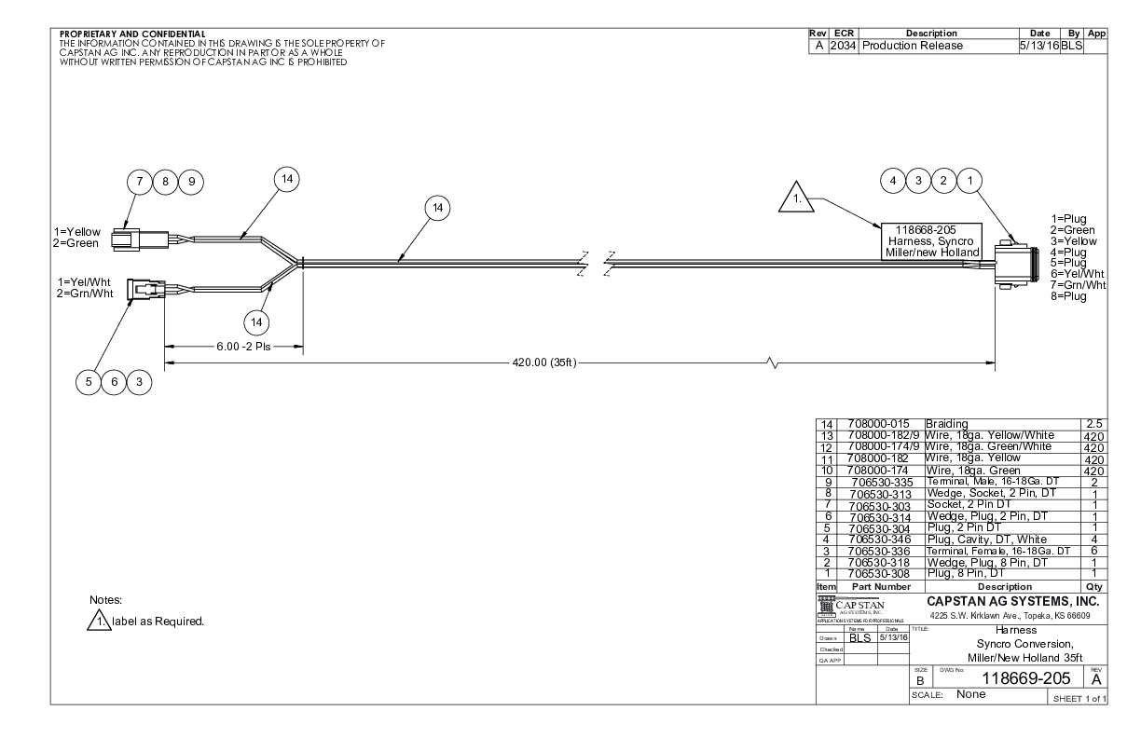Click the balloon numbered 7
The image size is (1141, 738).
(141, 182)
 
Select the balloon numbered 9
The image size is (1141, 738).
(193, 182)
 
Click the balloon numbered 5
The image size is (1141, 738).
(89, 380)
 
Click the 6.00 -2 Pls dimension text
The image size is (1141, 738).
(234, 344)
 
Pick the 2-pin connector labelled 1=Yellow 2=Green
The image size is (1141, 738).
(136, 239)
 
